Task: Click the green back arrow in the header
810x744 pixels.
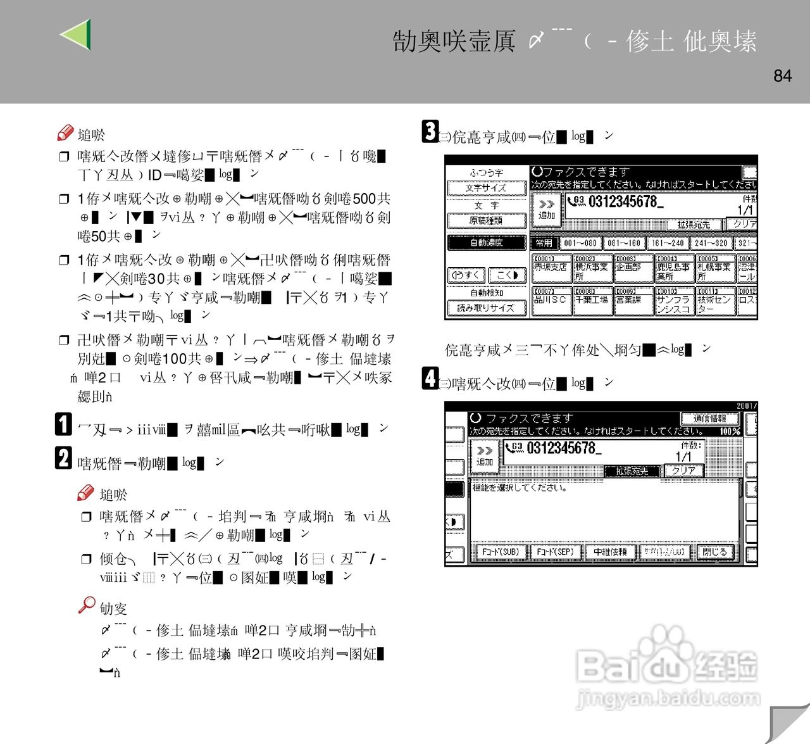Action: (x=77, y=34)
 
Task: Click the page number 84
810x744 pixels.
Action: (x=782, y=76)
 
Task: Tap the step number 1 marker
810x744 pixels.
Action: (x=63, y=424)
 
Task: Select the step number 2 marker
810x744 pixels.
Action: (x=63, y=458)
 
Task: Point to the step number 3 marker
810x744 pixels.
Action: (x=430, y=131)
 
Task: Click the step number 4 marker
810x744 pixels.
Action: (x=430, y=378)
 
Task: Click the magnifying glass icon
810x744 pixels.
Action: (x=87, y=605)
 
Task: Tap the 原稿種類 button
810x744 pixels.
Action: (x=486, y=221)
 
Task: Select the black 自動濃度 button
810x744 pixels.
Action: (x=486, y=243)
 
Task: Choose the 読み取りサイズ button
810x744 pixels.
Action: (x=486, y=308)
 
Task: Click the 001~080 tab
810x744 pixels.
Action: (x=580, y=243)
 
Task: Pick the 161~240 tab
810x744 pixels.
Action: (x=668, y=243)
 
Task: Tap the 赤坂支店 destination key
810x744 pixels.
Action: (x=551, y=268)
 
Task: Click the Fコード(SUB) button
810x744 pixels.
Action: (x=500, y=552)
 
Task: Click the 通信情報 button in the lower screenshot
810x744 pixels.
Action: (x=709, y=419)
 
